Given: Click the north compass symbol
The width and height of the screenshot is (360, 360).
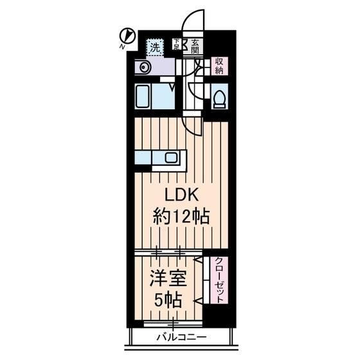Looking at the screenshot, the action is click(x=128, y=36).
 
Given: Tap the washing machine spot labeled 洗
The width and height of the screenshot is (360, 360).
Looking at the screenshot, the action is click(x=155, y=48).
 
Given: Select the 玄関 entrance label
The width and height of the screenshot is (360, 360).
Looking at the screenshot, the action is click(x=195, y=46).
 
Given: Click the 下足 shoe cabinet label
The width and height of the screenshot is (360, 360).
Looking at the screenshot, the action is click(x=177, y=44).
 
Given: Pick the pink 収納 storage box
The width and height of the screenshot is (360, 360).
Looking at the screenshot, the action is click(x=219, y=66).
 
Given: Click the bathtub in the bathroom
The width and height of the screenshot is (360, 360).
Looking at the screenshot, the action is click(x=143, y=96).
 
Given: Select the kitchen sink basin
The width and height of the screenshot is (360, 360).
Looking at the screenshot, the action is click(x=171, y=157).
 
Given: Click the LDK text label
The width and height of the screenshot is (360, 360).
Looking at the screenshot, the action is click(x=181, y=195).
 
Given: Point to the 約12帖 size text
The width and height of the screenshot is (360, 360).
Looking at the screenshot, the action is click(x=181, y=216).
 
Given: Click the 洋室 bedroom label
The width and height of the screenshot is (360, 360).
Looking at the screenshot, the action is click(x=168, y=278).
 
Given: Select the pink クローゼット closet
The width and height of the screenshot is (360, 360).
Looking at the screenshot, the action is click(x=219, y=280).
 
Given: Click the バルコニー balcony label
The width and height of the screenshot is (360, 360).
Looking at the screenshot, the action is click(x=181, y=337).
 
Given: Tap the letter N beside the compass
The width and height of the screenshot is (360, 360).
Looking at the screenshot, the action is click(x=122, y=47).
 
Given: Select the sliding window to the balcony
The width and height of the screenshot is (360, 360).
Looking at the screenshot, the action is click(x=173, y=324).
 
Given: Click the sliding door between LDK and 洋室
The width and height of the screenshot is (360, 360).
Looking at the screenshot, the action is click(x=168, y=253).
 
